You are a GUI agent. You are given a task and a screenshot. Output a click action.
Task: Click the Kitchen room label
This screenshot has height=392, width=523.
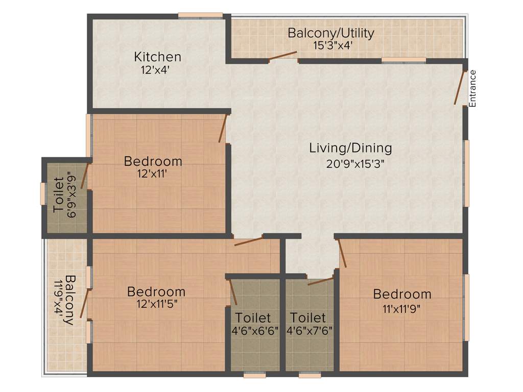coord(157,56)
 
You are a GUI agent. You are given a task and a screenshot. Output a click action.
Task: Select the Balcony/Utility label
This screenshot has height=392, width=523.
coord(331,33)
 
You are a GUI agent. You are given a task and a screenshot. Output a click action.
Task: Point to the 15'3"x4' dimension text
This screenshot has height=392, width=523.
coord(333,45)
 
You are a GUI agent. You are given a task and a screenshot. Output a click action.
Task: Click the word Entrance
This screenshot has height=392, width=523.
coord(472,88)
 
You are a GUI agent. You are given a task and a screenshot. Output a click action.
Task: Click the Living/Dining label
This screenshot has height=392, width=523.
coord(350,148)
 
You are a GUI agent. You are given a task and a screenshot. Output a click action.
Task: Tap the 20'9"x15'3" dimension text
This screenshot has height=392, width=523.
coord(355,164)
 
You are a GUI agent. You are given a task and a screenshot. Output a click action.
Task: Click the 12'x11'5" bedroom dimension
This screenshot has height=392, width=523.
coord(157,304)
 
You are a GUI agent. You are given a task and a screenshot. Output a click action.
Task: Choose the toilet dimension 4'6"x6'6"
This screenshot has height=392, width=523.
coord(254,330)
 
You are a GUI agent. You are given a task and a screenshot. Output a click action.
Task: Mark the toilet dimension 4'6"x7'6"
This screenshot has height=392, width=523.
coord(310,330)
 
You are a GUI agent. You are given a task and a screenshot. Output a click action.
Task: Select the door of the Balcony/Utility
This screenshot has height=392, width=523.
coord(283,56)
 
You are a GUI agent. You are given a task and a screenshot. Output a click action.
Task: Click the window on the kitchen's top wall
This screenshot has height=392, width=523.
coord(200,15)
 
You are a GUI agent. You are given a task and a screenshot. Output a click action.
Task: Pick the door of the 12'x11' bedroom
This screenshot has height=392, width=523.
coord(223,128)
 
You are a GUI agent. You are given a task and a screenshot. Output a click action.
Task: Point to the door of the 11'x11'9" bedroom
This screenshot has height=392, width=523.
coord(342,253)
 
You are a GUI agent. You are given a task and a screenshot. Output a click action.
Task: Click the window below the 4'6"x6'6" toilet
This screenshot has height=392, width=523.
coord(254,375)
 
